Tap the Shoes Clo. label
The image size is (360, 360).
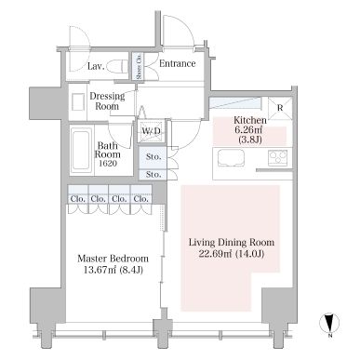(x=139, y=66)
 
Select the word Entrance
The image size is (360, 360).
(x=178, y=63)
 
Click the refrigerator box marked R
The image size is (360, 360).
(x=280, y=108)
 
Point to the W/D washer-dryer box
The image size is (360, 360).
(x=151, y=131)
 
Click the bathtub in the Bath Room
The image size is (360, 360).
(x=81, y=150)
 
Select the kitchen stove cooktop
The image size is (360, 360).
(x=278, y=158)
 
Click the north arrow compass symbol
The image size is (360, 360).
(x=329, y=323)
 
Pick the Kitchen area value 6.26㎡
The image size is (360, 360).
(x=249, y=130)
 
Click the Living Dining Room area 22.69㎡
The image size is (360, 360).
(x=216, y=254)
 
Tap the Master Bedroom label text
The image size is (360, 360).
(x=113, y=259)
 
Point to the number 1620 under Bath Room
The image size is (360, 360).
(x=108, y=163)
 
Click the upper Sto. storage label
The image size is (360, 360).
(x=153, y=157)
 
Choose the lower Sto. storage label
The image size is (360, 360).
(x=153, y=175)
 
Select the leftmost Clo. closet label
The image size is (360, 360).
(x=77, y=199)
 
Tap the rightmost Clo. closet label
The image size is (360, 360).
(x=141, y=199)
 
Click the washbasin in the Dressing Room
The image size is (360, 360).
(x=78, y=102)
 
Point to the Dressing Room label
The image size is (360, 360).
(x=107, y=101)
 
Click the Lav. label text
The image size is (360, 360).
(x=96, y=66)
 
